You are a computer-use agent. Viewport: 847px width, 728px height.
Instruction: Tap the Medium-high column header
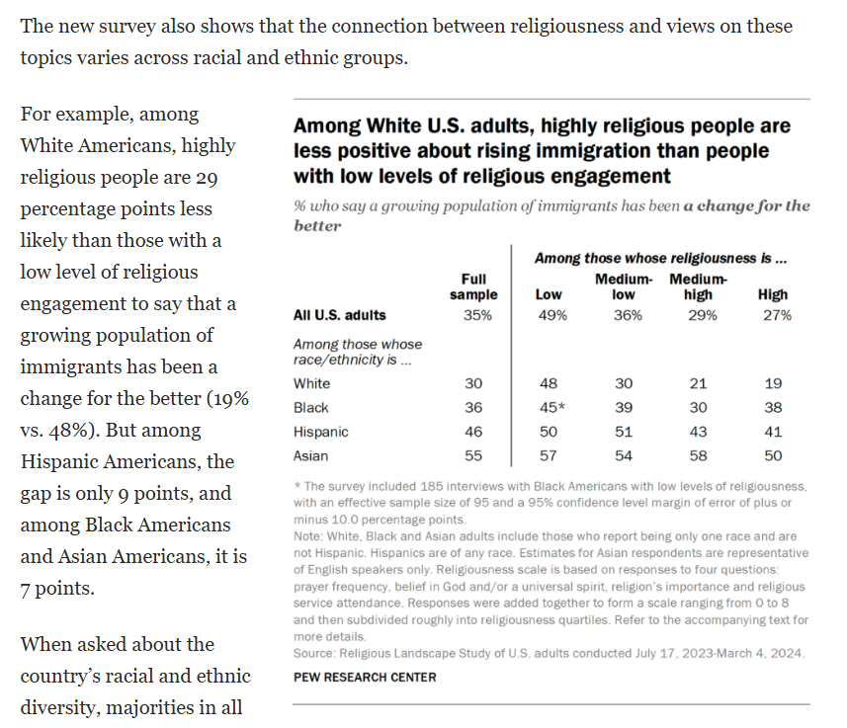coord(698,286)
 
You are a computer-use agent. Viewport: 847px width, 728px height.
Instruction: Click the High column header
coord(772,294)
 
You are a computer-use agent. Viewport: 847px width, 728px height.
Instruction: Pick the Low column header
coord(549,294)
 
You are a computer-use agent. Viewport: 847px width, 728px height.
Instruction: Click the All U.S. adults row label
coord(340,315)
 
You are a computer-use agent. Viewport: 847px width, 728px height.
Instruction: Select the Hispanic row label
coord(321,432)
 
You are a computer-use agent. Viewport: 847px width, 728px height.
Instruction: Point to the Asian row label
coord(311,456)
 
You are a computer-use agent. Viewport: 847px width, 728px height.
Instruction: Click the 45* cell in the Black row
coord(551,407)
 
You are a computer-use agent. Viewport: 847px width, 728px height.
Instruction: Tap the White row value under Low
coord(550,382)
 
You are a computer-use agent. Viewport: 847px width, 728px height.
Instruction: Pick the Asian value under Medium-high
coord(700,456)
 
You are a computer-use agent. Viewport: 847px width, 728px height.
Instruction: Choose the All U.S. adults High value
coord(774,315)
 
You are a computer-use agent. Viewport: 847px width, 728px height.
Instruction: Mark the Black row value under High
coord(773,407)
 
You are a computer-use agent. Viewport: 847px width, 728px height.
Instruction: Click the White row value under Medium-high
coord(700,382)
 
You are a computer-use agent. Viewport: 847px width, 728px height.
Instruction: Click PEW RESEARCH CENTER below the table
coord(365,677)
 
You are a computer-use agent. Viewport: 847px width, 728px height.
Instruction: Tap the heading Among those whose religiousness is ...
coord(660,259)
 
